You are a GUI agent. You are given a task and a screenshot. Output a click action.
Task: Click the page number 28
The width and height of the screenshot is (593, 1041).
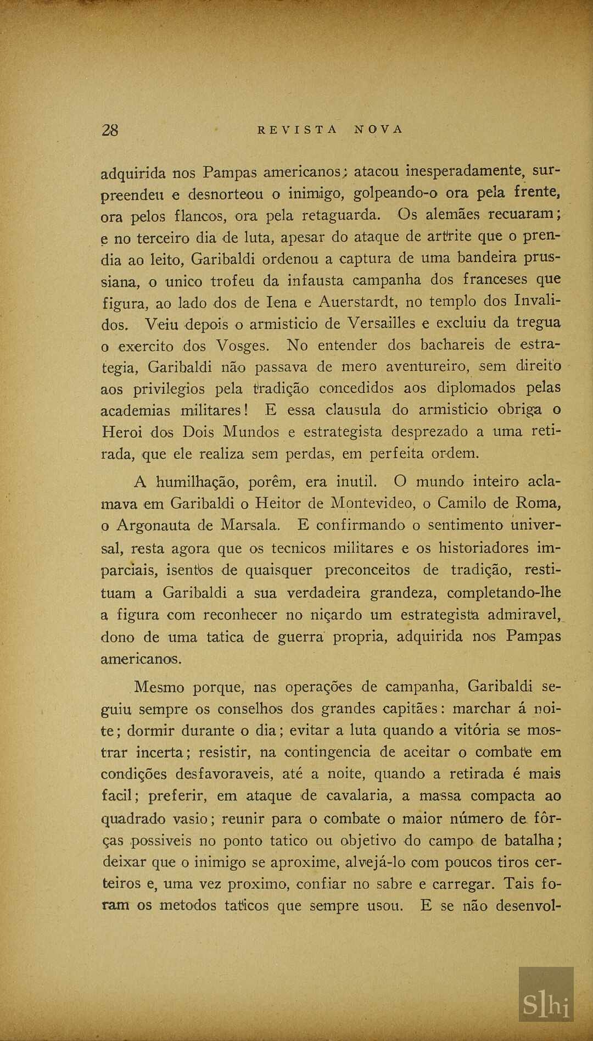pyautogui.click(x=110, y=130)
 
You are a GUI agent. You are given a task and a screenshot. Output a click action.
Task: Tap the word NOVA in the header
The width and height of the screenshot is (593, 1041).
pyautogui.click(x=379, y=130)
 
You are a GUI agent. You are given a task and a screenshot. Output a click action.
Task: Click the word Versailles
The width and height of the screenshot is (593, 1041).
pyautogui.click(x=382, y=323)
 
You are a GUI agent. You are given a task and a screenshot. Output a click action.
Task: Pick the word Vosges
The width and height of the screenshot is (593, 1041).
pyautogui.click(x=242, y=346)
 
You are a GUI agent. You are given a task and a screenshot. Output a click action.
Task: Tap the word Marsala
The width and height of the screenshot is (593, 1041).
pyautogui.click(x=250, y=525)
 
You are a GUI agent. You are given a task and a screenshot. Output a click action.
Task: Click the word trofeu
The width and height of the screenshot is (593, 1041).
pyautogui.click(x=233, y=281)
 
